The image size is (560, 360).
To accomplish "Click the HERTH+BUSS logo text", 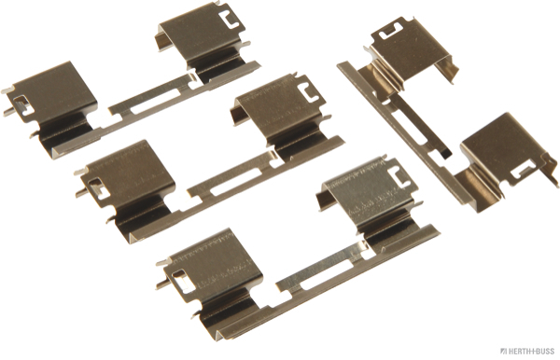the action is click(x=527, y=351).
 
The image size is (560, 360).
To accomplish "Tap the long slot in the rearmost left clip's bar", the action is click(x=155, y=101).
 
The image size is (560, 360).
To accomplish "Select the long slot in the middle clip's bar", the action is click(x=236, y=182).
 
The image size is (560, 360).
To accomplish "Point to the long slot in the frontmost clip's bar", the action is click(x=328, y=273).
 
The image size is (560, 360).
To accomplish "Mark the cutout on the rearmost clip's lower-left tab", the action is click(x=23, y=104).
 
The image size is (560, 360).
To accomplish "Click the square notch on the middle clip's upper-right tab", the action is click(x=307, y=91).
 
